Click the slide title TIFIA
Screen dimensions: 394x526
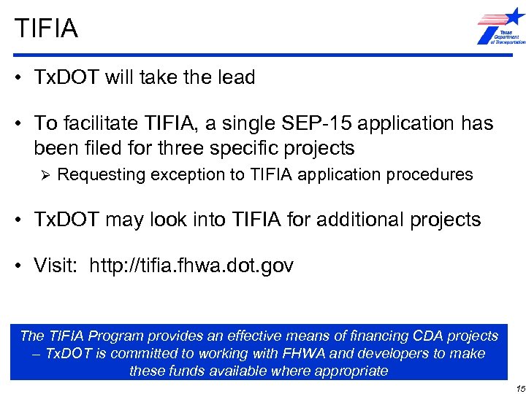(45, 29)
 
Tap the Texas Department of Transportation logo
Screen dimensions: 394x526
(500, 28)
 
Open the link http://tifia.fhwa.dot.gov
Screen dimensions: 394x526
(191, 266)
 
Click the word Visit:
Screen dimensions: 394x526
(58, 266)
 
